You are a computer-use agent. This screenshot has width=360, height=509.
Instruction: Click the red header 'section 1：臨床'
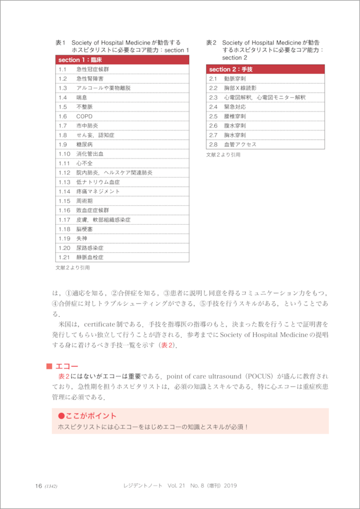pos(79,59)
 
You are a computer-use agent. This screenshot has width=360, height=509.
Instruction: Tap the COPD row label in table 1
pos(84,116)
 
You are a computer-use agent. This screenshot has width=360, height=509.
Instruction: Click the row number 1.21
pos(64,257)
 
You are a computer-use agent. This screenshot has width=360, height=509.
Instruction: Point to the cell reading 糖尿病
pos(85,145)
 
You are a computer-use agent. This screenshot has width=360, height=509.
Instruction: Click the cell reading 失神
pos(82,238)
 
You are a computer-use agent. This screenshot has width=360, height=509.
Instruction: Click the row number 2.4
pos(213,107)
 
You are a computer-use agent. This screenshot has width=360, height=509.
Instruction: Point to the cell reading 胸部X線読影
pos(240,88)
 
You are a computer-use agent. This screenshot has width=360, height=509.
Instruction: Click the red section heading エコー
pos(67,366)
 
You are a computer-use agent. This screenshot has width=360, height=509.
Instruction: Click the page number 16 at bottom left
pos(39,486)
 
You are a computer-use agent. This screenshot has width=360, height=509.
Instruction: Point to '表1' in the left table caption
pos(61,42)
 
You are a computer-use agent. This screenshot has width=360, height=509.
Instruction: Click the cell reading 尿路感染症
pos(90,248)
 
